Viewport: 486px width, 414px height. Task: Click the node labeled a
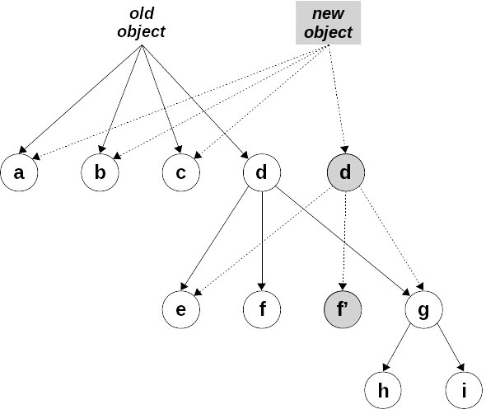point(18,173)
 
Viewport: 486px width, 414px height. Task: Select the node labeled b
point(100,173)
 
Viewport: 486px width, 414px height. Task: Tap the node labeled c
point(180,173)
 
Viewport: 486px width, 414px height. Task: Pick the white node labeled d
point(262,173)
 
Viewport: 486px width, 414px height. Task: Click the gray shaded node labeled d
point(344,173)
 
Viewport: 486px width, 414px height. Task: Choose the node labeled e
point(180,310)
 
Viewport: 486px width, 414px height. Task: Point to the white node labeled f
point(262,310)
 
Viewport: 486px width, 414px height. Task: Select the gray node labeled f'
point(343,310)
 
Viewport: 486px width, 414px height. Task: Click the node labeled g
point(424,310)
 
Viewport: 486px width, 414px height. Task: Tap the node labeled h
point(383,390)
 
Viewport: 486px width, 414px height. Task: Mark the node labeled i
point(465,390)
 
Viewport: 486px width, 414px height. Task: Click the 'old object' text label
point(142,23)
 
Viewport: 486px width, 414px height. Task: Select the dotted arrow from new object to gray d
point(336,99)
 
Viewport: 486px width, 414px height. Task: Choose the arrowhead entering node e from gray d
point(200,292)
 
